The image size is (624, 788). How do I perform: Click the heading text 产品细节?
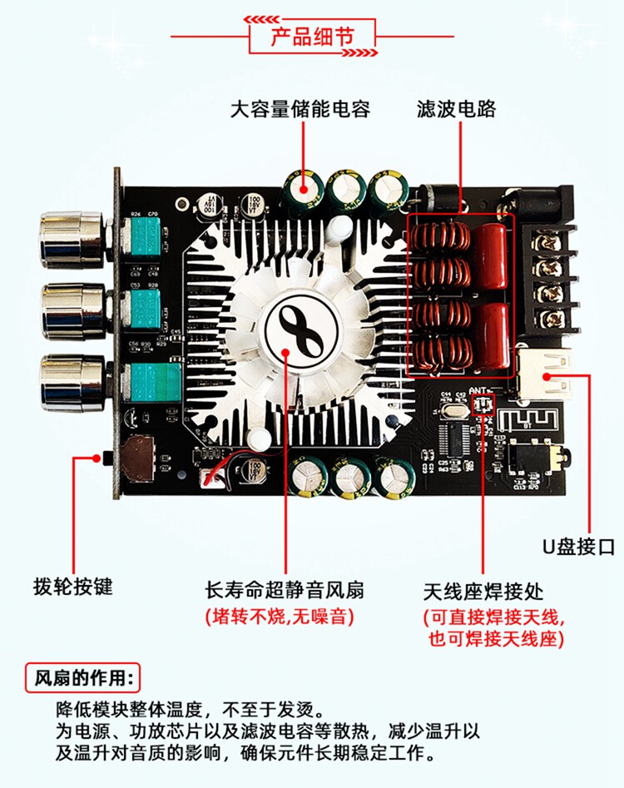[312, 37]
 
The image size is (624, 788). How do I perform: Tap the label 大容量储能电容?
[300, 109]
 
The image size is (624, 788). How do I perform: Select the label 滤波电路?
[455, 109]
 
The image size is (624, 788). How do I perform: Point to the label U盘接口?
[578, 547]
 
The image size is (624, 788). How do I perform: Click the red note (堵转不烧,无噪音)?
[280, 617]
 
